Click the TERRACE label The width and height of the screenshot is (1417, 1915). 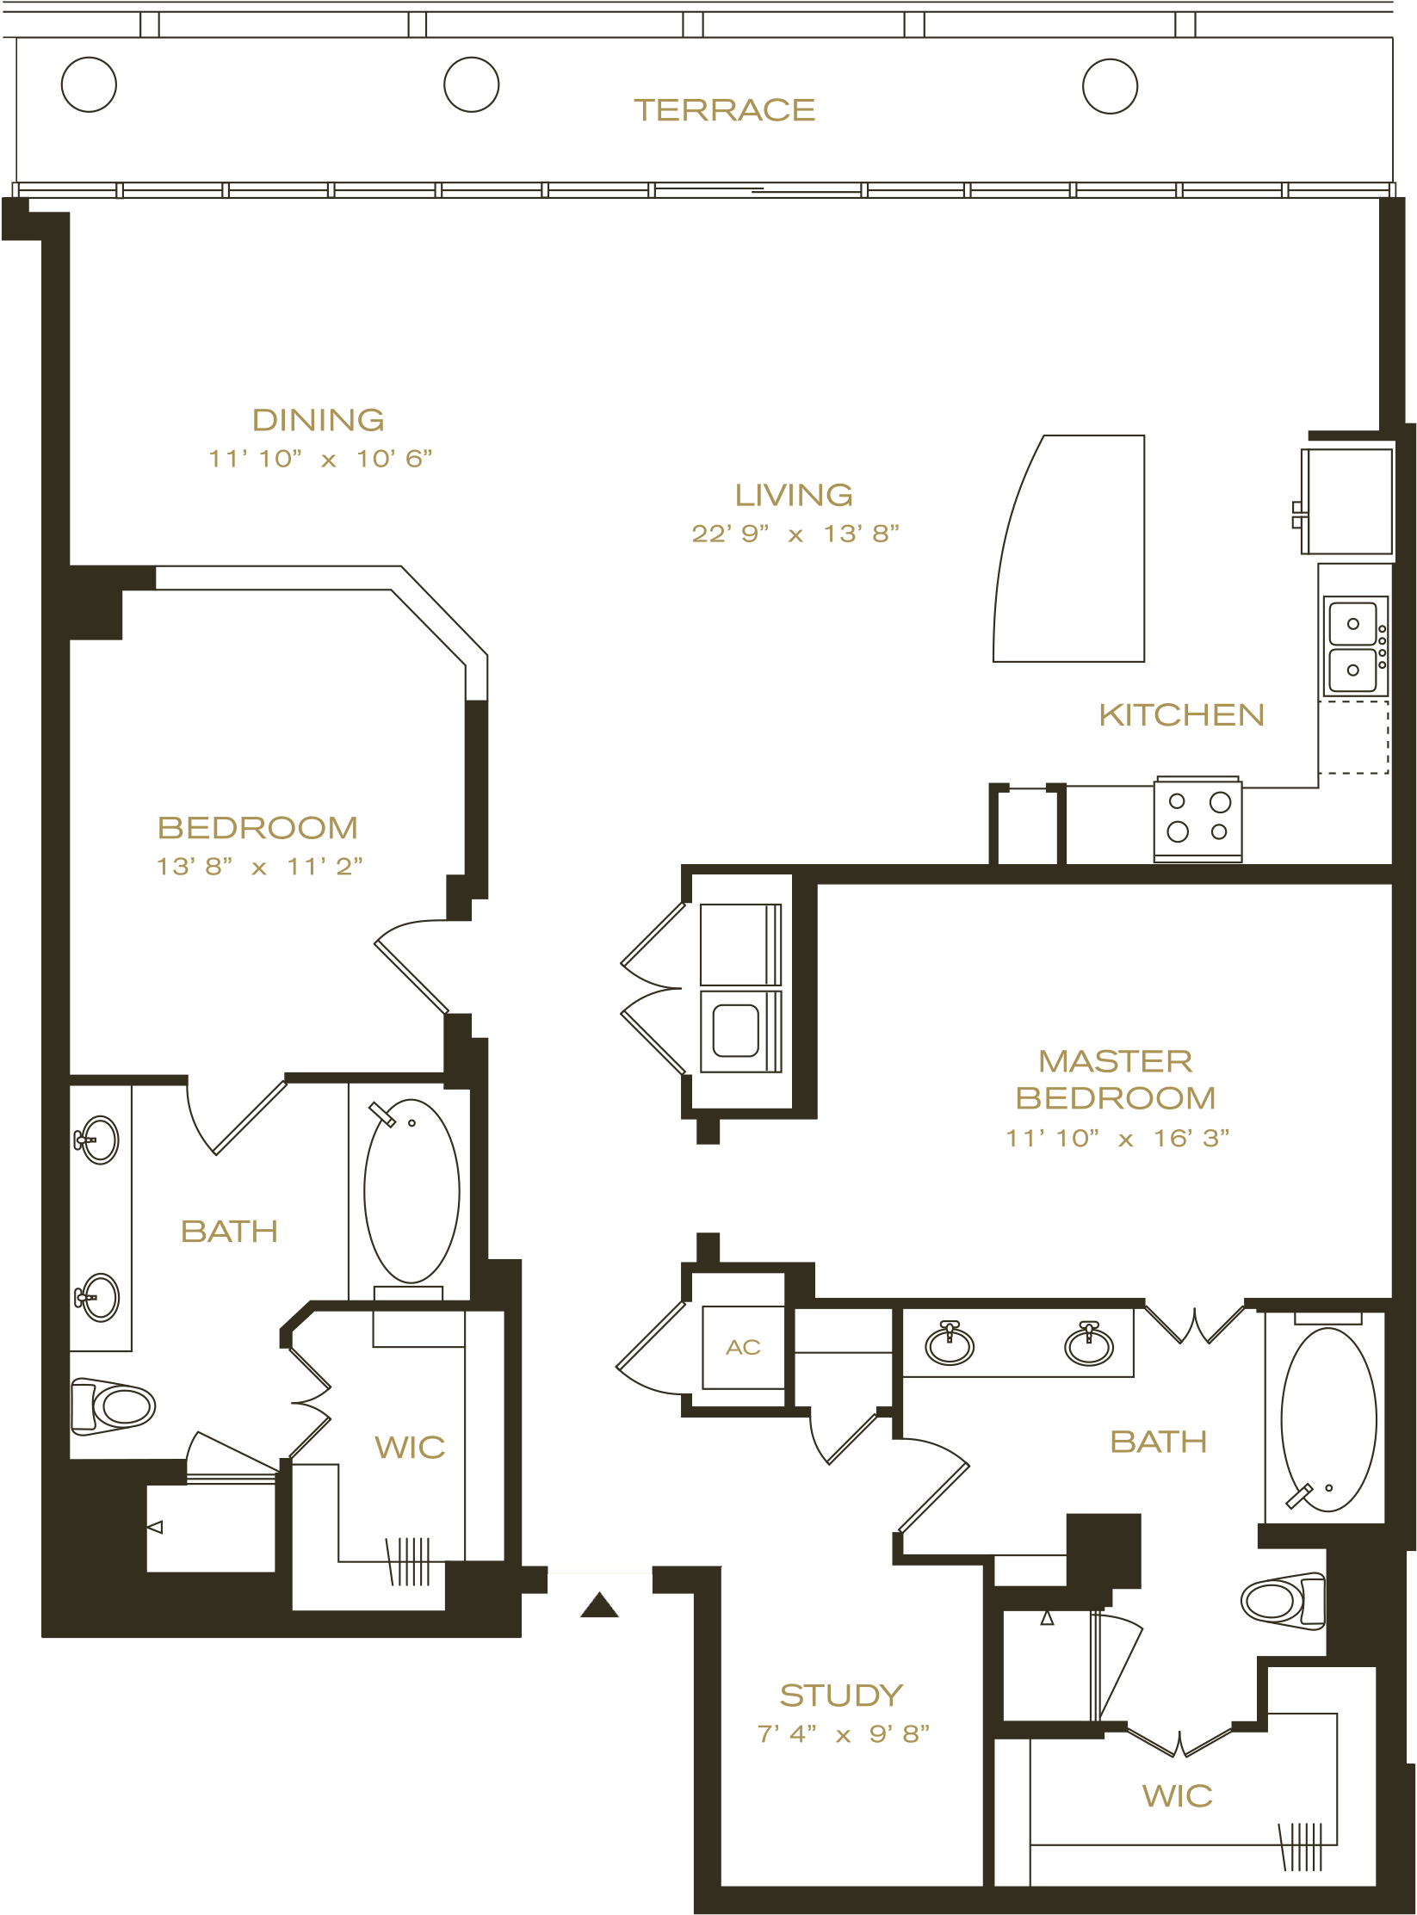[x=724, y=110]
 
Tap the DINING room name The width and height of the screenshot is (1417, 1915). [x=319, y=420]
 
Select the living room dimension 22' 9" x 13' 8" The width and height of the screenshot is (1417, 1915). [x=795, y=534]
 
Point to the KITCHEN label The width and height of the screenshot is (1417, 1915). [x=1181, y=715]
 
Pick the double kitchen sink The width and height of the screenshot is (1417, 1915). [x=1355, y=646]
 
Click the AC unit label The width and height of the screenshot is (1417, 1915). [x=743, y=1347]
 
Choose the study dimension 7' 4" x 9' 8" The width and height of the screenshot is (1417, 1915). [x=843, y=1733]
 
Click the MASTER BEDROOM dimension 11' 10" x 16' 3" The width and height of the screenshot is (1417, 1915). [x=1117, y=1138]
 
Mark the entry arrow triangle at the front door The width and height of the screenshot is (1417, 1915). [x=599, y=1605]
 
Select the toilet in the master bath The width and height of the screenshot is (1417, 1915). [x=1284, y=1600]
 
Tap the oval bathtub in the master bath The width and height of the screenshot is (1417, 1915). [x=1327, y=1419]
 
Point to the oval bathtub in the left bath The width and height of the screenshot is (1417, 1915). [x=411, y=1191]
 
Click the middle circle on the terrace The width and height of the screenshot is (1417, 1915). [x=471, y=84]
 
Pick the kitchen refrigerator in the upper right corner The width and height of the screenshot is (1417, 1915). [x=1347, y=501]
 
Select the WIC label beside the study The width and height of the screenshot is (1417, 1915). [x=1177, y=1796]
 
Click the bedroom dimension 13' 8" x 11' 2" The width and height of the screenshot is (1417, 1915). [x=259, y=866]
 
